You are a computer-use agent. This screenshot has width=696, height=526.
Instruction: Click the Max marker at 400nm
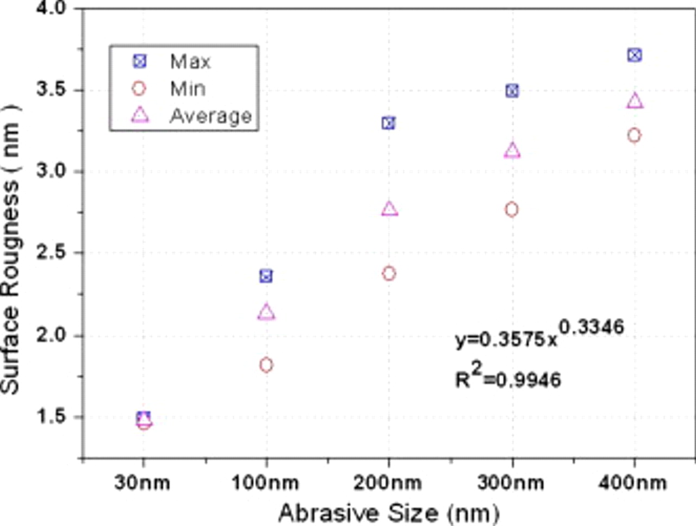coord(634,55)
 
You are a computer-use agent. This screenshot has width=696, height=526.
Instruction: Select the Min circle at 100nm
coord(266,365)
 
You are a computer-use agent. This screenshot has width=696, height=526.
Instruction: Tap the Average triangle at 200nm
coord(389,209)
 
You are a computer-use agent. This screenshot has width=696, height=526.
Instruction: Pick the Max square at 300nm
coord(512,91)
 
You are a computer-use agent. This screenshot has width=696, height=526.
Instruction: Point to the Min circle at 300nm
coord(511,209)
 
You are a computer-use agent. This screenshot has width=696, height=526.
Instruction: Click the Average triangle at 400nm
coord(635,101)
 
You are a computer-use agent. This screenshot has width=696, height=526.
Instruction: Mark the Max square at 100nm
coord(266,276)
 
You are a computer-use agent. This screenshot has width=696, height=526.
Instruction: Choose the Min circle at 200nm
coord(389,273)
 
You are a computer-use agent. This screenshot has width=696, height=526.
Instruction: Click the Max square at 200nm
coord(388,123)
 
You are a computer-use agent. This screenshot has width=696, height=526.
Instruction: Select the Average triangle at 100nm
coord(266,312)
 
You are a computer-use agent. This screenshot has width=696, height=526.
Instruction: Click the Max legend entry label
coord(190,61)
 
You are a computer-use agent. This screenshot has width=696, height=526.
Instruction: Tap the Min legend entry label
coord(188,89)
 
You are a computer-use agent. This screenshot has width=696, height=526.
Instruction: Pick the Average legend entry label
coord(210,116)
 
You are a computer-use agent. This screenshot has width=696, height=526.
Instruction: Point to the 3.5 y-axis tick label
coord(51,90)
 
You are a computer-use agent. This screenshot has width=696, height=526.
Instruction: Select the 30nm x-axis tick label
coord(142,483)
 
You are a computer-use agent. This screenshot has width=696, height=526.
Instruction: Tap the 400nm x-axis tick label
coord(633,483)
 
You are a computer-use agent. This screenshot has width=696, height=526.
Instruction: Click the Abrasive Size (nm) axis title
coord(388,512)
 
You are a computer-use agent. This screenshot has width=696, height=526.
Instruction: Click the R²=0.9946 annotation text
coord(508,377)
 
